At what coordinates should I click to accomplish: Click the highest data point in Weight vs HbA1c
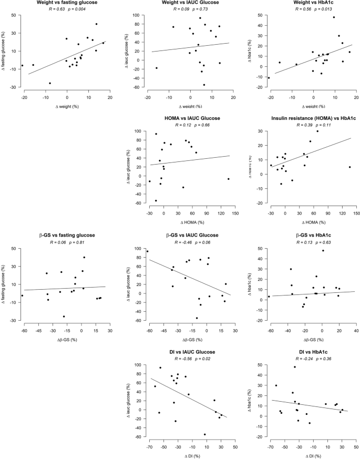[334, 17]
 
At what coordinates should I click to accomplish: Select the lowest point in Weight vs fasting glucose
[50, 83]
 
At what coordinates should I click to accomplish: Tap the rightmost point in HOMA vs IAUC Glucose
[229, 179]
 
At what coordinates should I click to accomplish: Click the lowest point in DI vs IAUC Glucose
[204, 434]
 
